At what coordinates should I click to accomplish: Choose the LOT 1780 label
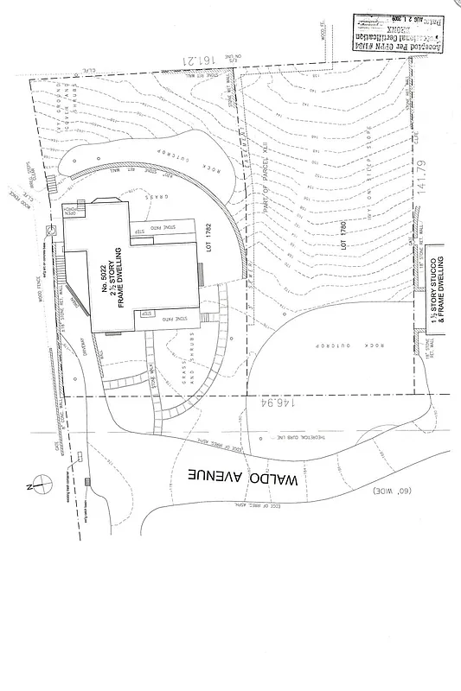[343, 232]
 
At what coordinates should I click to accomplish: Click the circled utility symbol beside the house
[48, 228]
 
